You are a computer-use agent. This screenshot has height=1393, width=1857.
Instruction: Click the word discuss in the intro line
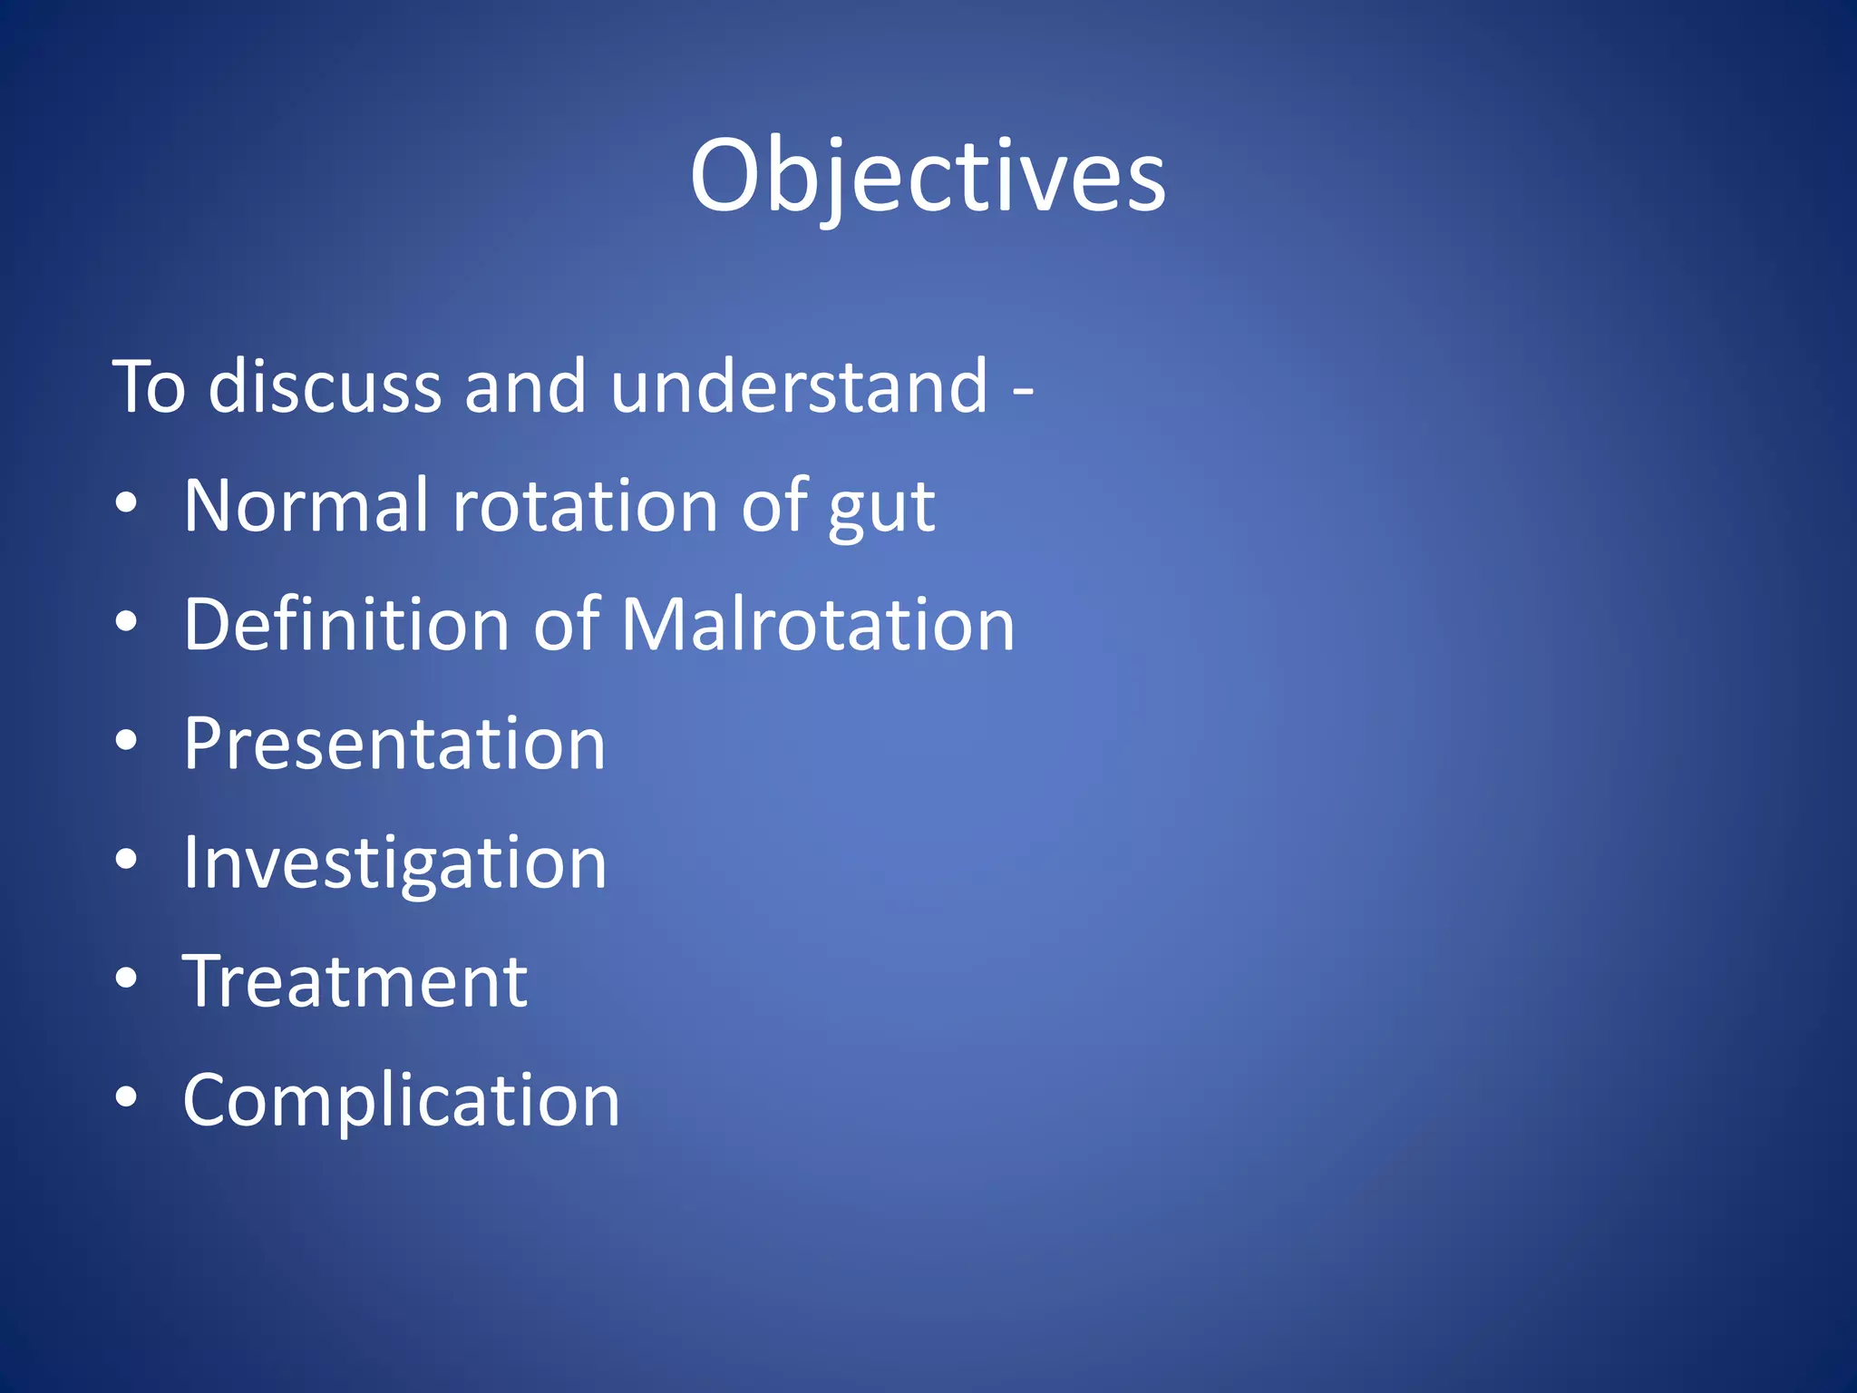(x=325, y=387)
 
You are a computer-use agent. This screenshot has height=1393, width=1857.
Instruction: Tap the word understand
(x=799, y=387)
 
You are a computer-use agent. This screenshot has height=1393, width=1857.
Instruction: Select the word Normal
(x=306, y=506)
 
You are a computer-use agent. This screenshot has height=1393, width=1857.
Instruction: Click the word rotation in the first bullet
(x=585, y=506)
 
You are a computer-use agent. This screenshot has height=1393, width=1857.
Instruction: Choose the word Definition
(x=346, y=625)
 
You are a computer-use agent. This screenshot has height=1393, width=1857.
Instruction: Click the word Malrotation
(x=818, y=625)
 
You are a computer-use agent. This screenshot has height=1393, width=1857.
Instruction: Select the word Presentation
(x=394, y=744)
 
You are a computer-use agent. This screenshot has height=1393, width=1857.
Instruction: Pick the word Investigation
(x=394, y=862)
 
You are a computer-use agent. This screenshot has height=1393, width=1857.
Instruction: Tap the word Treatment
(x=355, y=981)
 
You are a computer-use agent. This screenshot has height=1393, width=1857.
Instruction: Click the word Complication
(x=401, y=1100)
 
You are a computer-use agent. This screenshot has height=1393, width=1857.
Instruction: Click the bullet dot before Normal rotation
(x=126, y=504)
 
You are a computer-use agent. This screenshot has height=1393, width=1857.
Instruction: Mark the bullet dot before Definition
(x=126, y=623)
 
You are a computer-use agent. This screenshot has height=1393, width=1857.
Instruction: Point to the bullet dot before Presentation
(x=126, y=742)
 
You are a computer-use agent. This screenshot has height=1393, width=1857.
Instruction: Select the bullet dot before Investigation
(x=126, y=861)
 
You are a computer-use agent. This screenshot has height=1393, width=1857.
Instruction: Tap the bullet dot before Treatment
(x=126, y=979)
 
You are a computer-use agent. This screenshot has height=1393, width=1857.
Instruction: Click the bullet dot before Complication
(x=126, y=1098)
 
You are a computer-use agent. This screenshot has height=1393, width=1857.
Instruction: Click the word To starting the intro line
(x=149, y=387)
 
